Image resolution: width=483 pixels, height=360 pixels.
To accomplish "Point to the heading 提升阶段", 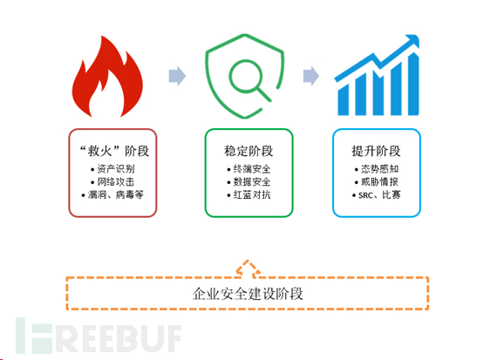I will pyautogui.click(x=377, y=149).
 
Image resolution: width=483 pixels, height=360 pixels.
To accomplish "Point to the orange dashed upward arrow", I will pyautogui.click(x=247, y=266).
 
